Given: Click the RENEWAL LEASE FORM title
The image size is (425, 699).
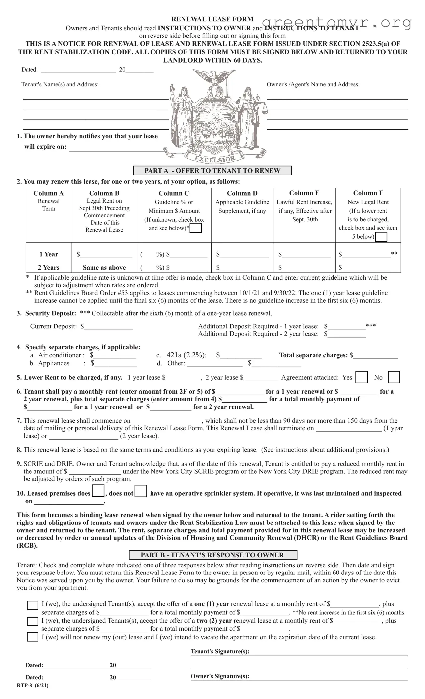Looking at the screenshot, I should tap(212, 19).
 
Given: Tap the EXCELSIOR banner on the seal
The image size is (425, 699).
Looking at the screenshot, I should tap(215, 159).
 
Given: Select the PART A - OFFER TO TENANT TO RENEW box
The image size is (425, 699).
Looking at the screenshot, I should tap(212, 171).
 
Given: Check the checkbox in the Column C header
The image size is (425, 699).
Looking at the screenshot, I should tap(196, 228).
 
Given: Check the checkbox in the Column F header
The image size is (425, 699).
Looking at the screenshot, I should tap(381, 237).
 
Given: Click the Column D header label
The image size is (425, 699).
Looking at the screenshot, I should tap(242, 193).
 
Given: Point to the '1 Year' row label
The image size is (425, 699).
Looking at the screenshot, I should tap(49, 254).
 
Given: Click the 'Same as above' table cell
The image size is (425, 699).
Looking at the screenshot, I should tap(104, 268).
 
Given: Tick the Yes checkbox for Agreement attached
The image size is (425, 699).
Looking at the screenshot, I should tap(361, 377).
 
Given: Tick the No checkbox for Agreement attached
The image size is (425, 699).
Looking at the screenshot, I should tap(394, 377).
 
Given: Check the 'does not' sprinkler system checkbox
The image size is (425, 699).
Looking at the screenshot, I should tap(141, 491).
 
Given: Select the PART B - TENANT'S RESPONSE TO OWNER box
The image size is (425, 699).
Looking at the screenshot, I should tap(212, 555).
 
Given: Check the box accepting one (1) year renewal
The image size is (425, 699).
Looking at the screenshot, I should tap(32, 605).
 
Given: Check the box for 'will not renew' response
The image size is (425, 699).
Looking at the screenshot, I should tap(32, 637).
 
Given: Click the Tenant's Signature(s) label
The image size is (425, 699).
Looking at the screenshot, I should tap(220, 652).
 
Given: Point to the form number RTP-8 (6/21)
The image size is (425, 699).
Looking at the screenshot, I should tap(32, 685).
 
